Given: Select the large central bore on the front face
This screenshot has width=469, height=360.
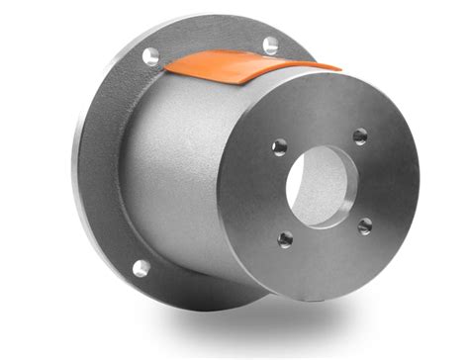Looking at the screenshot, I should point(323,187).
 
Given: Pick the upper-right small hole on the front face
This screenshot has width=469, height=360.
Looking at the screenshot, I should point(360,135).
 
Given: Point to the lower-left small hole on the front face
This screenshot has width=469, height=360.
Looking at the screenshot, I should point(286,238).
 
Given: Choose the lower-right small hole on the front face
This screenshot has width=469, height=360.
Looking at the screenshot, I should point(364,226).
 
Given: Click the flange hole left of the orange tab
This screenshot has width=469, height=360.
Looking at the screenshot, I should point(150,56).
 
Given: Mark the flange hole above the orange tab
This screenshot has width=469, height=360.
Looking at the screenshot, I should point(270,44).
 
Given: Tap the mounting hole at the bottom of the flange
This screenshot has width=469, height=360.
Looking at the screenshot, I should point(141,267).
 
